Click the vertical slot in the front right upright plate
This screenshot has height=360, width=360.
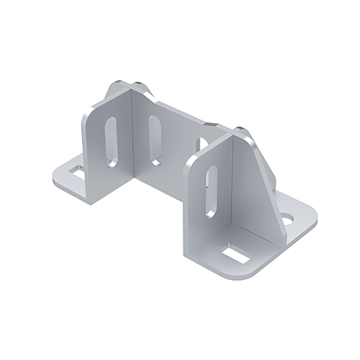(210, 193)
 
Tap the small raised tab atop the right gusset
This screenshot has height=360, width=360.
(241, 127)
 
